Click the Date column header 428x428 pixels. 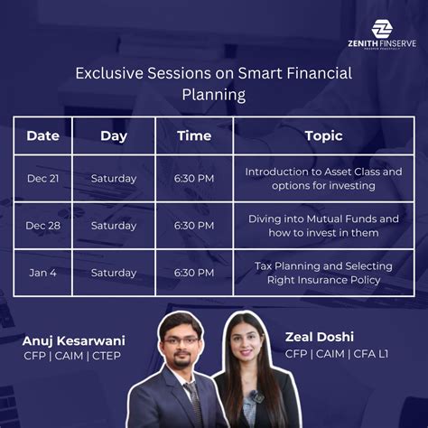(42, 136)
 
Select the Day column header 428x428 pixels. (114, 136)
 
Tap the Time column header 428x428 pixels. (194, 136)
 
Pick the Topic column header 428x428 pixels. (323, 136)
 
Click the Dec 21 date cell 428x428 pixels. (42, 179)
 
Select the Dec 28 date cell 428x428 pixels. (42, 226)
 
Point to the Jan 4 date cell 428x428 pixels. (42, 273)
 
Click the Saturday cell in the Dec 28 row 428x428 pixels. (114, 226)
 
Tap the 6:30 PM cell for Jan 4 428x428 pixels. (194, 273)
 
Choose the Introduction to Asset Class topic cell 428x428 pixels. (323, 179)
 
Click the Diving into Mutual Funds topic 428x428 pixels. (323, 226)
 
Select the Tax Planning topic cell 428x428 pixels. (323, 273)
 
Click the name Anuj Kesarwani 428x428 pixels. (74, 340)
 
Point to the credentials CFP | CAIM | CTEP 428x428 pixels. (72, 356)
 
